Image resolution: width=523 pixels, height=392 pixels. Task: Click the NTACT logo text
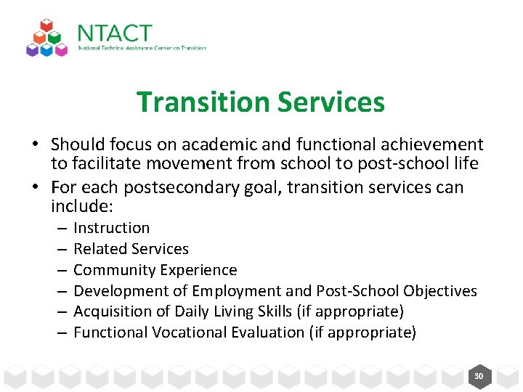[x=114, y=33]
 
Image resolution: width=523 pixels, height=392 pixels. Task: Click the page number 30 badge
[x=479, y=376]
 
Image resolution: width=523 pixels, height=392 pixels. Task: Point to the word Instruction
[x=111, y=228]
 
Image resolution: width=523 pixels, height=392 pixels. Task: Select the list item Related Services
[x=131, y=249]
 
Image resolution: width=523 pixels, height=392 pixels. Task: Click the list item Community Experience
[x=155, y=270]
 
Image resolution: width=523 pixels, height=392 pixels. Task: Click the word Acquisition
[x=110, y=311]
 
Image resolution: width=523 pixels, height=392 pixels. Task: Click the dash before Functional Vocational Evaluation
[x=62, y=332]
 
